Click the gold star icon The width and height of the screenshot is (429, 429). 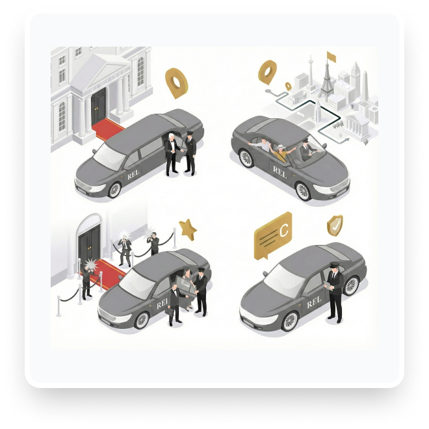pos(188,228)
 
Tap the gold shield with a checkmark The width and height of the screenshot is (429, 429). pos(335,225)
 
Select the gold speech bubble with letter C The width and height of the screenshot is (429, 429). pos(273,234)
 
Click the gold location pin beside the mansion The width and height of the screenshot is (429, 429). pos(176,82)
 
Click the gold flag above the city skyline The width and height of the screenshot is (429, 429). pos(331,57)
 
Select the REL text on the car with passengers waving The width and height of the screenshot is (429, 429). pos(279,172)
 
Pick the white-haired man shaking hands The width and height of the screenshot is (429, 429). pos(171,153)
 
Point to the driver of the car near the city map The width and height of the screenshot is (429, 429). pos(305,150)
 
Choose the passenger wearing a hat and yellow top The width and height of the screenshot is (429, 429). pos(280,153)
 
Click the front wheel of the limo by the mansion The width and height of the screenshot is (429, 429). pos(114,188)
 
